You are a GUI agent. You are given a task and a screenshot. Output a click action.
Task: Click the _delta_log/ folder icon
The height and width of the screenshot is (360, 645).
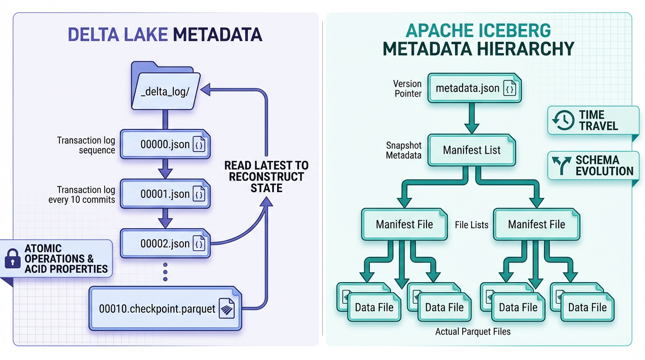pyautogui.click(x=165, y=87)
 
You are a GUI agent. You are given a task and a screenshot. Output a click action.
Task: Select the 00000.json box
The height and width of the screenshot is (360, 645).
pyautogui.click(x=165, y=144)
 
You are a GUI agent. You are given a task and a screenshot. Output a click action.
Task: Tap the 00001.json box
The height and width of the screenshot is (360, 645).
pyautogui.click(x=165, y=194)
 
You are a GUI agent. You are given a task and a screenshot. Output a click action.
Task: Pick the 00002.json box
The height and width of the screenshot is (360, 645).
pyautogui.click(x=165, y=243)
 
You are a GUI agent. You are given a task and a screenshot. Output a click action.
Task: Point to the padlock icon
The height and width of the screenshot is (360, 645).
pyautogui.click(x=12, y=259)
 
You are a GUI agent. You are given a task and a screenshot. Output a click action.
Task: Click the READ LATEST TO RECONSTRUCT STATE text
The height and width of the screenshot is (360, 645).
pyautogui.click(x=266, y=177)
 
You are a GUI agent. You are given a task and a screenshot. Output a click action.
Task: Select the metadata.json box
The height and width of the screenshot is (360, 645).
pyautogui.click(x=475, y=88)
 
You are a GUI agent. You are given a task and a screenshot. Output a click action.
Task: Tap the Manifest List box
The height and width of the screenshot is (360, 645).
pyautogui.click(x=472, y=150)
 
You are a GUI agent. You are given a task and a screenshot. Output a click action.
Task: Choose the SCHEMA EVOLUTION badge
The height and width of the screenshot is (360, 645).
pyautogui.click(x=593, y=165)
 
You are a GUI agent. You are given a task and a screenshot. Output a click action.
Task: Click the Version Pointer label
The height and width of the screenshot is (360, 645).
pyautogui.click(x=407, y=89)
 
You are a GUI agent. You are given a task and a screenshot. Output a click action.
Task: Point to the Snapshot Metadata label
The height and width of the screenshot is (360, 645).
pyautogui.click(x=404, y=150)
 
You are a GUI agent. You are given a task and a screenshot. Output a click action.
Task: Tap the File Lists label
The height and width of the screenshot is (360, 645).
pyautogui.click(x=472, y=225)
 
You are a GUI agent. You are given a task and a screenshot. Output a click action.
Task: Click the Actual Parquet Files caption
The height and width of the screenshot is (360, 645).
pyautogui.click(x=472, y=331)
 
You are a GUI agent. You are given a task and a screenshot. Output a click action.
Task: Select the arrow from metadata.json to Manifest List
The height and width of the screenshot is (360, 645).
pyautogui.click(x=472, y=119)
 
